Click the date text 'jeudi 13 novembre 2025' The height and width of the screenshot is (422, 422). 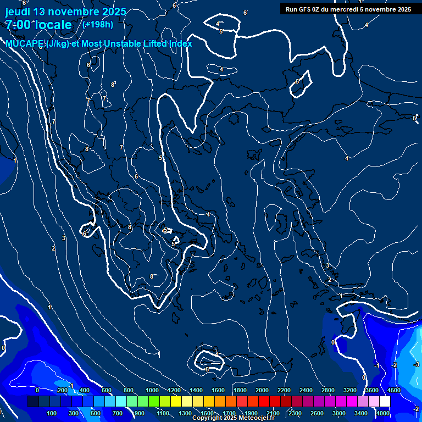65,12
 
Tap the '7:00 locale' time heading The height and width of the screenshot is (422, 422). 38,25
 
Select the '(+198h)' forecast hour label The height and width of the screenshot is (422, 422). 98,24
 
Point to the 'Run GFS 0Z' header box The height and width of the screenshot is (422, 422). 348,9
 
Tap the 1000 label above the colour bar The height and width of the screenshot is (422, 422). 152,390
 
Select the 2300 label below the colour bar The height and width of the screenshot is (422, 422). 295,413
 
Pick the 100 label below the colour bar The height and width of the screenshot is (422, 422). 52,413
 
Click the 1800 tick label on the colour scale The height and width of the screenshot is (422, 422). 240,390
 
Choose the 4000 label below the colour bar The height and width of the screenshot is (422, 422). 384,413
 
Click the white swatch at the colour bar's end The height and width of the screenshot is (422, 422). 385,402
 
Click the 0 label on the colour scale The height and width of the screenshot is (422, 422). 37,390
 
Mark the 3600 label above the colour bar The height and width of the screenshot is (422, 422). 371,390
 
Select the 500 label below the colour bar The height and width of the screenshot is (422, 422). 96,413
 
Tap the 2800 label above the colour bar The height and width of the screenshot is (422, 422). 327,390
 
